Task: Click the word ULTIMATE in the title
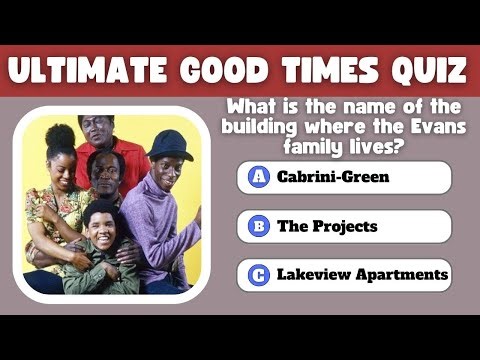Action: [96, 71]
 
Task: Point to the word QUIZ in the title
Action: [428, 71]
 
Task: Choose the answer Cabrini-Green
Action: [319, 177]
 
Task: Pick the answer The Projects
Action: [327, 226]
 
